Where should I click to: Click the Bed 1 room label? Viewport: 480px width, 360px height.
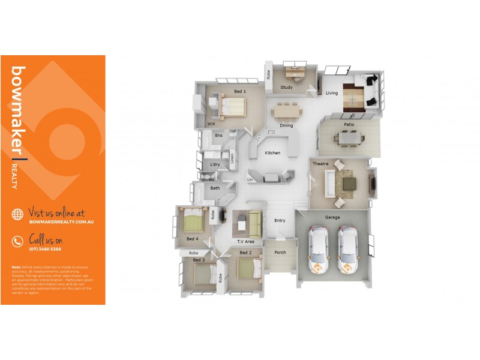click(x=240, y=91)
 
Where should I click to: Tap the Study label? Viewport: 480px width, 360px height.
click(x=286, y=88)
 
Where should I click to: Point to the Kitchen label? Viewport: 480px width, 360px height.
click(x=272, y=153)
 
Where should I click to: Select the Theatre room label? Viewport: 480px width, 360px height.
click(x=320, y=163)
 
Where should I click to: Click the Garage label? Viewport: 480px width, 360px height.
click(x=332, y=217)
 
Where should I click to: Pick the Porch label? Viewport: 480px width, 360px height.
click(x=280, y=253)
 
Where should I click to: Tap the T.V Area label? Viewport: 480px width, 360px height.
click(x=245, y=241)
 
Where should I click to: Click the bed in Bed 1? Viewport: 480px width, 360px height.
click(x=232, y=108)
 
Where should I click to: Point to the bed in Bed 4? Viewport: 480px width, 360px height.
click(x=193, y=223)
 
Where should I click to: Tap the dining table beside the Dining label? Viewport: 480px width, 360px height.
click(x=286, y=112)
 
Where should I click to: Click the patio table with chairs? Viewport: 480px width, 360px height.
click(x=350, y=138)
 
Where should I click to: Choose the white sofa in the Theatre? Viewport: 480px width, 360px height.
click(x=329, y=184)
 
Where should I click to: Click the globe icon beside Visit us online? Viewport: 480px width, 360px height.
click(x=17, y=214)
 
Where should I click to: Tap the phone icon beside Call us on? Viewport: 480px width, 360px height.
click(x=17, y=241)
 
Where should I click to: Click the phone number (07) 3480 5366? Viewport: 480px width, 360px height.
click(x=45, y=249)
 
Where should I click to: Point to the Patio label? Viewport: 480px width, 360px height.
click(x=349, y=125)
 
